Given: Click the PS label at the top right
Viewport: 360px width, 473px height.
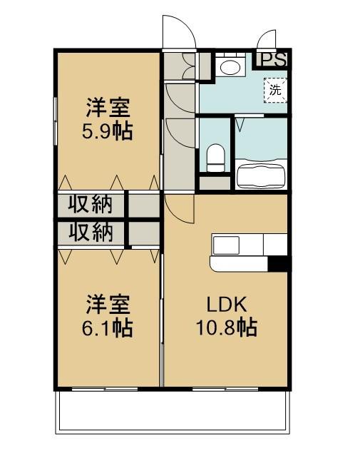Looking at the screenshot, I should [272, 60].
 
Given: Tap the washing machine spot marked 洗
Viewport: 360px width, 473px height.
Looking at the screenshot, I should [275, 90].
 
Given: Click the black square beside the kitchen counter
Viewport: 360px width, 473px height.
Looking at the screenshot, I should [278, 263].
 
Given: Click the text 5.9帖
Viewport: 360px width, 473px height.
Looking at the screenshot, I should [108, 132].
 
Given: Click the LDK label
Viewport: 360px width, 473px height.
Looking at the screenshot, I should [227, 305].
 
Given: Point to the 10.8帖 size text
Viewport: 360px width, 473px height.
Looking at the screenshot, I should [227, 327].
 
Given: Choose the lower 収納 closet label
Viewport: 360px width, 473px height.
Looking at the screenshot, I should [91, 233].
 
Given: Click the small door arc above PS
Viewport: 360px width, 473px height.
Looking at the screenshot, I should [267, 40].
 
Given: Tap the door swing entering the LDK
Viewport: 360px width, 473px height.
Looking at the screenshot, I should [180, 209].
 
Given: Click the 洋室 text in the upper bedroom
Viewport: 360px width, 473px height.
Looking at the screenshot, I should [108, 109].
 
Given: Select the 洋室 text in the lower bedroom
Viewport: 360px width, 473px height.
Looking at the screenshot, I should [108, 305].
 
